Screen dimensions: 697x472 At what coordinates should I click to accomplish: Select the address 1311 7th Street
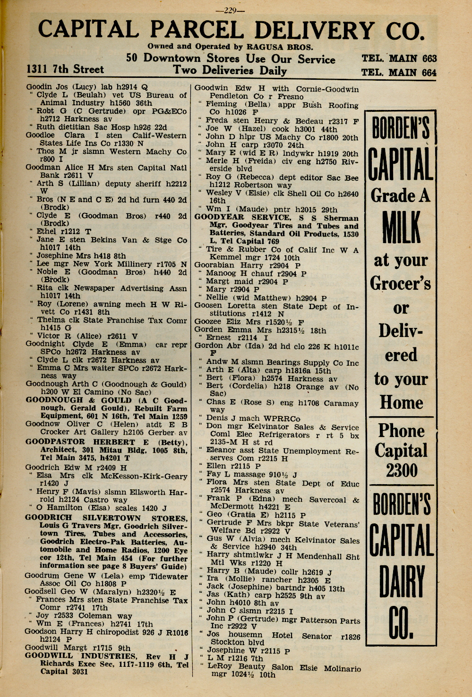pyautogui.click(x=65, y=69)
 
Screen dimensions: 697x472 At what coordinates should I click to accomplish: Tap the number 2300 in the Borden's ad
pyautogui.click(x=401, y=470)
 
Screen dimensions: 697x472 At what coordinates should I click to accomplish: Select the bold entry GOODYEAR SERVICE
pyautogui.click(x=242, y=218)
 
